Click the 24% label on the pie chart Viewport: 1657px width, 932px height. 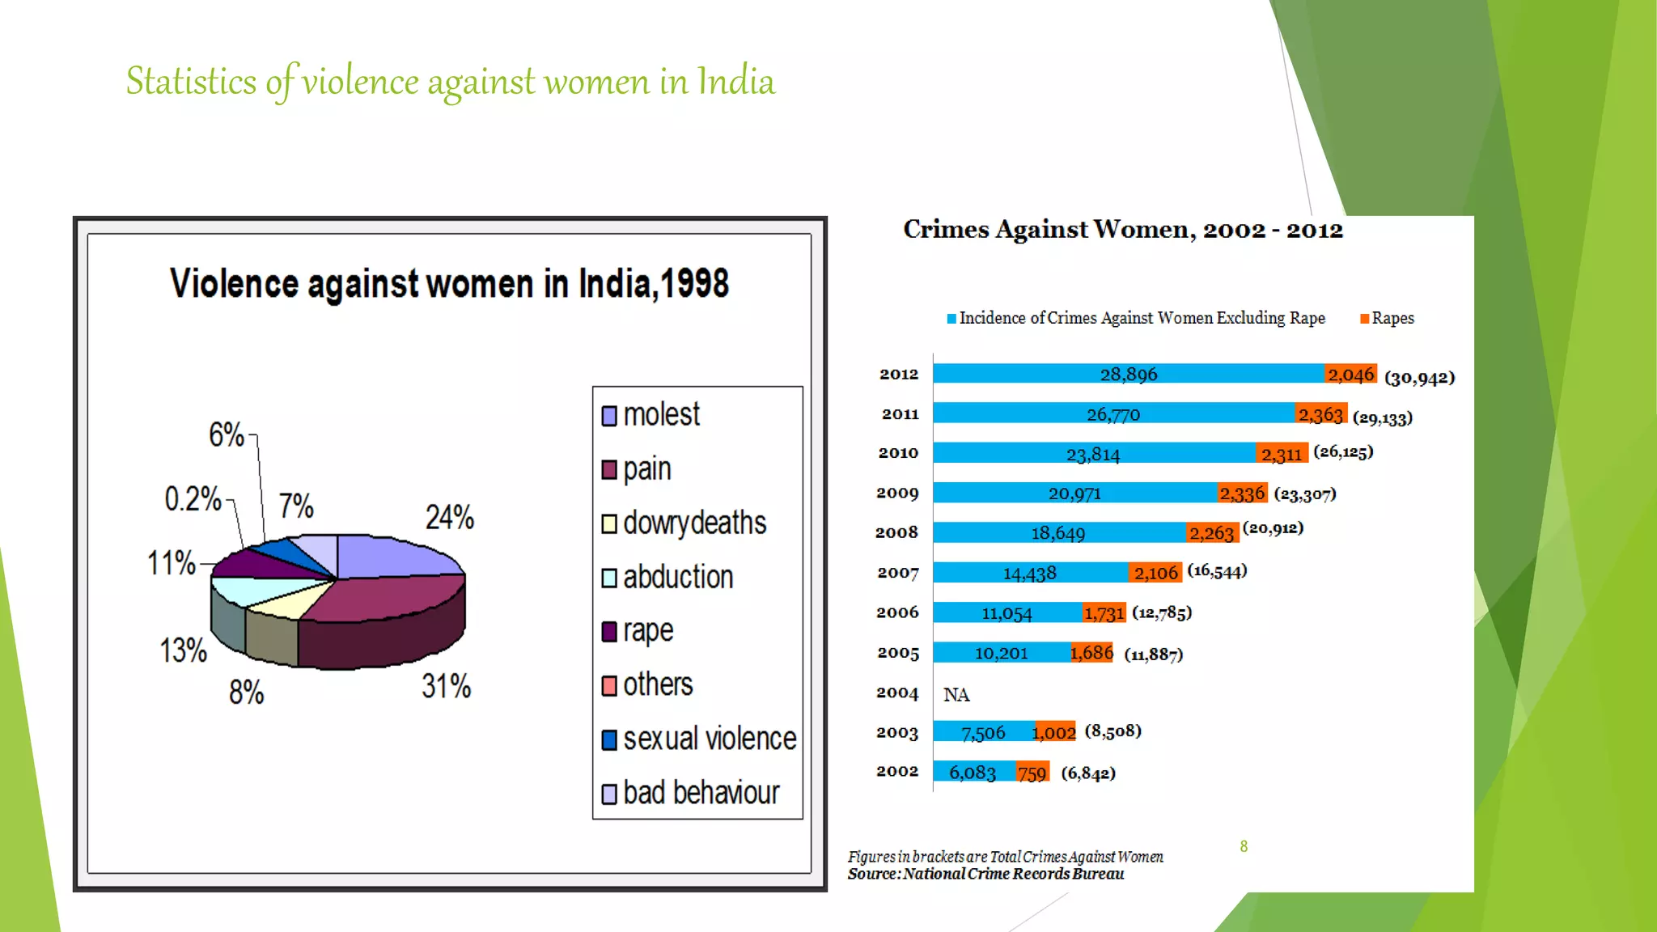point(450,518)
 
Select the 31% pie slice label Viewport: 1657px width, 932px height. point(446,687)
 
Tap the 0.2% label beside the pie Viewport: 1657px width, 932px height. point(193,499)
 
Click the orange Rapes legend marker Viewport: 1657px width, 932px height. point(1364,319)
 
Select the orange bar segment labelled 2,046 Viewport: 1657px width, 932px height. point(1350,374)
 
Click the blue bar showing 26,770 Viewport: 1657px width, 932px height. point(1113,414)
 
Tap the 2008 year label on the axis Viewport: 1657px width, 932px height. point(896,532)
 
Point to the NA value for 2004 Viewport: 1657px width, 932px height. point(956,695)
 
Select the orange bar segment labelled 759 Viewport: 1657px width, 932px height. point(1032,773)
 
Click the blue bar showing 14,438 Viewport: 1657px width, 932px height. point(1030,573)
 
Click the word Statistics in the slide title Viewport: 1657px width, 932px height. point(191,82)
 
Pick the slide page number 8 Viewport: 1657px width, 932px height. point(1244,846)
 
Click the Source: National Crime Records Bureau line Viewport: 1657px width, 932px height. point(985,874)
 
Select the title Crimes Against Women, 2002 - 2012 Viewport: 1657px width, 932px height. point(1123,230)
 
